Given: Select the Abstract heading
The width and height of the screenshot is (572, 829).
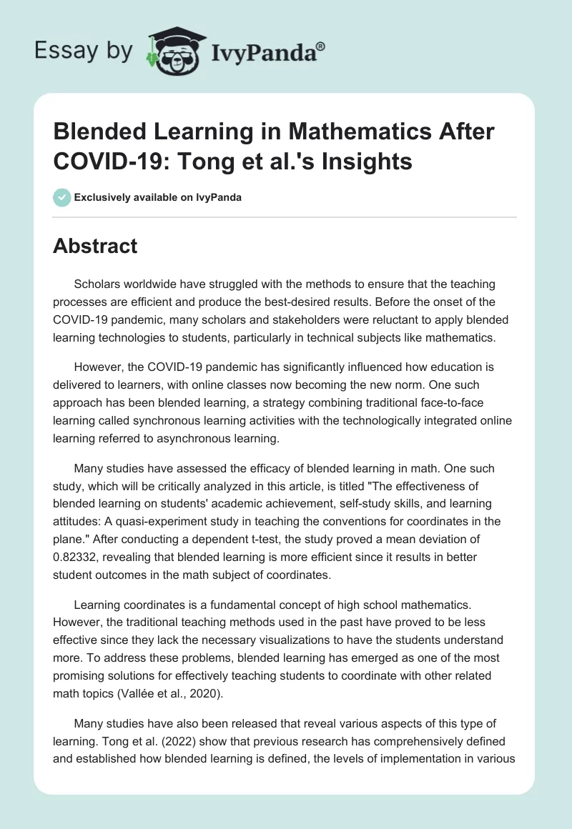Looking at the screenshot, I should (x=95, y=246).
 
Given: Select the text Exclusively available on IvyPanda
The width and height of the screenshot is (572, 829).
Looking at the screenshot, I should (x=157, y=197).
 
